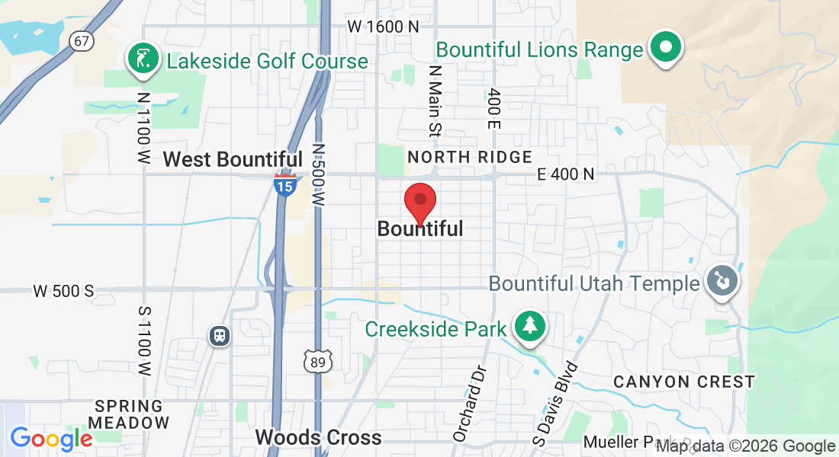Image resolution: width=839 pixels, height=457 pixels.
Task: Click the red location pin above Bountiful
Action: tap(419, 202)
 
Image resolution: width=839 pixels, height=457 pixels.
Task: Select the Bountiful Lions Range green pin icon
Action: tap(666, 48)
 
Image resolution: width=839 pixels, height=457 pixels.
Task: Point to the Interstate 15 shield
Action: tap(285, 184)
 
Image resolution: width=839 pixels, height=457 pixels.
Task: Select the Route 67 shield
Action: tap(82, 40)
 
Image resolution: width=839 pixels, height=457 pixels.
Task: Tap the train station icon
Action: tap(220, 335)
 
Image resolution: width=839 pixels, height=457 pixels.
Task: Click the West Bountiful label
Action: tap(233, 159)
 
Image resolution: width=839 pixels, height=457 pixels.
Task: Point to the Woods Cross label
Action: tap(318, 437)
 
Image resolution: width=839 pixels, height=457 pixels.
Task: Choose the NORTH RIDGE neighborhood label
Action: tap(470, 157)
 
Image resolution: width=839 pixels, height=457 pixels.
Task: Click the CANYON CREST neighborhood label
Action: tap(684, 382)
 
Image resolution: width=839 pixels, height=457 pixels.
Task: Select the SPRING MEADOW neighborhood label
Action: tap(130, 414)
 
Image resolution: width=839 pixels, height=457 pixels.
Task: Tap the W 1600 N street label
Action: tap(384, 27)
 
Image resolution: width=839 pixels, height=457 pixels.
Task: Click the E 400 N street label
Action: tap(565, 174)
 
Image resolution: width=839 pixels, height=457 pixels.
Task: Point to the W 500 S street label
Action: tap(63, 291)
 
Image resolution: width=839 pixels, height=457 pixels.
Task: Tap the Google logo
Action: tap(51, 439)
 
